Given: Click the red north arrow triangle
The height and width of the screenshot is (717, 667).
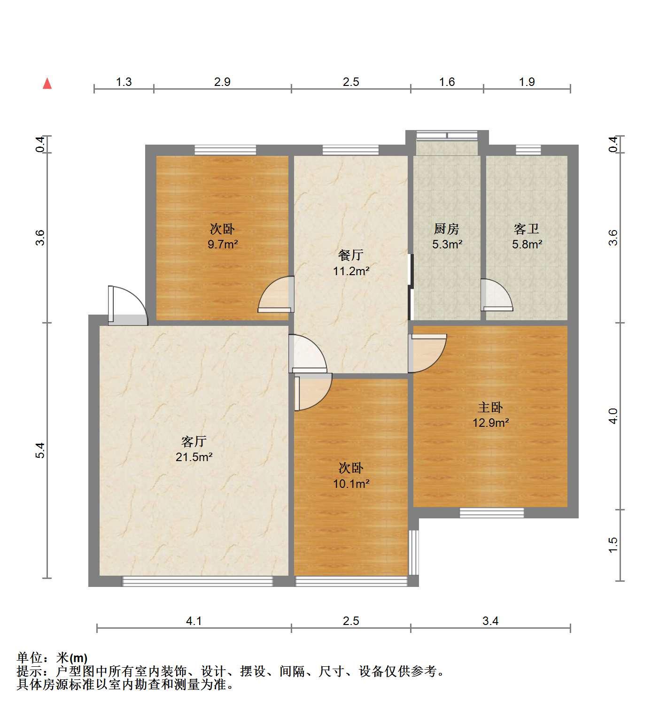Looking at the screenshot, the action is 47,84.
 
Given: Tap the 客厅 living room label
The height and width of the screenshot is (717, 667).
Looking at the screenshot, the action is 194,441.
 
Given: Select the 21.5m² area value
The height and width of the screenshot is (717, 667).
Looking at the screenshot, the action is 194,456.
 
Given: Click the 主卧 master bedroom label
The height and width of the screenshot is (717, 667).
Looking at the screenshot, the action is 491,407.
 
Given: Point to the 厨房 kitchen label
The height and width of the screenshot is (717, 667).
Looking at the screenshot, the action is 446,229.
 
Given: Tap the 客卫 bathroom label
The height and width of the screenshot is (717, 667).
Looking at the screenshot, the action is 527,229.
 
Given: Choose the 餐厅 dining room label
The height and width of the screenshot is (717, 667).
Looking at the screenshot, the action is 351,255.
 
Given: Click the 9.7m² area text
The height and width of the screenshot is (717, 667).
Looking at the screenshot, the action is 223,244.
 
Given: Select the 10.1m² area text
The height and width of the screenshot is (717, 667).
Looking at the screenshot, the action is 351,483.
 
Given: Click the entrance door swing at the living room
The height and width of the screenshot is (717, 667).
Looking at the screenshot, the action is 127,305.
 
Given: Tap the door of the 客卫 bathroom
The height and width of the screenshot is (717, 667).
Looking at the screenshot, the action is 496,295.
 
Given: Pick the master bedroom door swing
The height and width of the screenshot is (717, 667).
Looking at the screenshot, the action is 427,353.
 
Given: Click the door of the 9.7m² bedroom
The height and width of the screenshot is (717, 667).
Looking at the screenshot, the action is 276,294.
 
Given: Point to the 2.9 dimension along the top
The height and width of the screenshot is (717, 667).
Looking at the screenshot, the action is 222,82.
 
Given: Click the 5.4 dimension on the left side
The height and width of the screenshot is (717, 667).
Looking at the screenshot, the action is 41,450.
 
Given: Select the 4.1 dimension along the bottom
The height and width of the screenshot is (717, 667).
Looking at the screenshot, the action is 194,621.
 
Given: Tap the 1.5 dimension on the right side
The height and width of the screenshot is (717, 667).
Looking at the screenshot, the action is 613,544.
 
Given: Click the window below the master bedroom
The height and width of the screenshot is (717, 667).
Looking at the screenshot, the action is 491,513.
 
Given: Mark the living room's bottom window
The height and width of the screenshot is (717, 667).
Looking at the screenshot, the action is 197,581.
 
